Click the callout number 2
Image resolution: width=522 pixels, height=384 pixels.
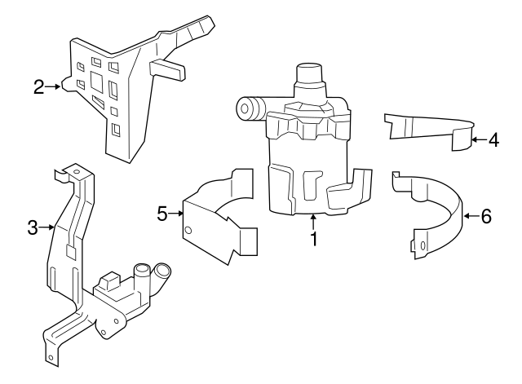38,86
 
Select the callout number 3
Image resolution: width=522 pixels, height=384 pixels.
33,228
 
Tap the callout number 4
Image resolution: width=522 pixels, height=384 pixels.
493,139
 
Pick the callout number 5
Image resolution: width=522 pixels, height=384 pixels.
161,214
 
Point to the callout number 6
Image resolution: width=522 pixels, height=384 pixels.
486,216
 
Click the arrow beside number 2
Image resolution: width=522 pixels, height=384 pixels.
55,86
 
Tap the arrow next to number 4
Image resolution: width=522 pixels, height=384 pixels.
478,139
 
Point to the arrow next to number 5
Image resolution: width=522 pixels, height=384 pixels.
177,214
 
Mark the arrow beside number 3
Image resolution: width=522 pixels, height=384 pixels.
47,228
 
